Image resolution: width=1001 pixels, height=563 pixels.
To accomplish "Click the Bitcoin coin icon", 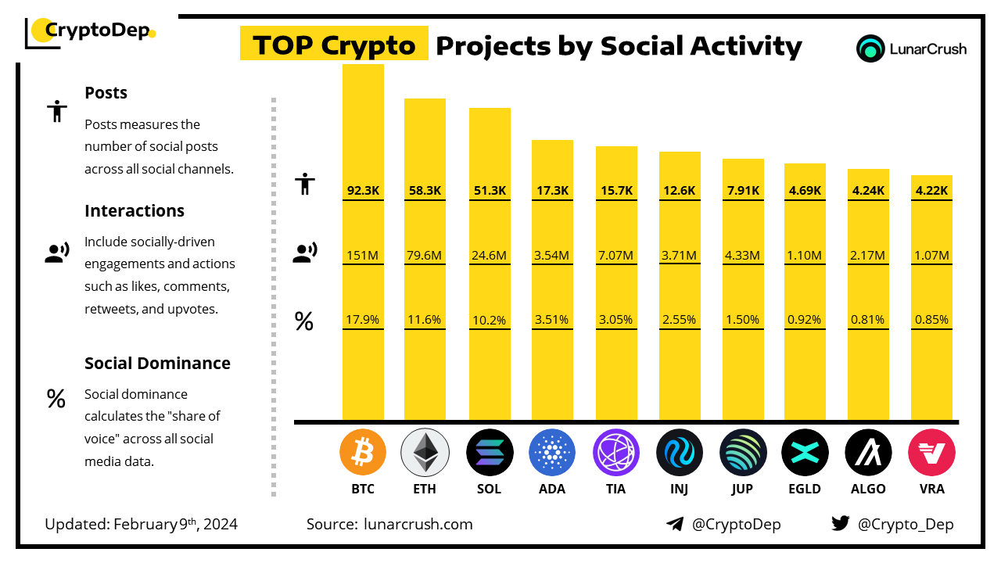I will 363,453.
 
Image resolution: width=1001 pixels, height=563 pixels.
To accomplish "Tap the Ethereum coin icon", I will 425,453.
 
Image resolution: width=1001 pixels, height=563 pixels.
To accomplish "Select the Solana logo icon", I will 490,453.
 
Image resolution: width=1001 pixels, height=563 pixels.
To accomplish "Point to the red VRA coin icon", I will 931,453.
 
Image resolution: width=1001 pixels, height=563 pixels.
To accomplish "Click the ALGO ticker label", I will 868,489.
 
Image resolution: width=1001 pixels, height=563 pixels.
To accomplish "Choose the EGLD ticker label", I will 805,489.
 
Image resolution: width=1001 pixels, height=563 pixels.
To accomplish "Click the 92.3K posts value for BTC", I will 363,190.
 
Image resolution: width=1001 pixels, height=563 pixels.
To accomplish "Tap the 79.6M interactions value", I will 425,255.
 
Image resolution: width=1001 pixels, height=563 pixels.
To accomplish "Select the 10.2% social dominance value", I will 490,319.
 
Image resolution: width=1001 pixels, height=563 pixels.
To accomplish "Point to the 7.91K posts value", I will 743,190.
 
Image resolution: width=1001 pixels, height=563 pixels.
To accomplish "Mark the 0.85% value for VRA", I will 931,319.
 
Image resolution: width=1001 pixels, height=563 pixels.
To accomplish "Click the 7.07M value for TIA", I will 616,255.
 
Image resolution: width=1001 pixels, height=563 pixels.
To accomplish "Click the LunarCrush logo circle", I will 870,48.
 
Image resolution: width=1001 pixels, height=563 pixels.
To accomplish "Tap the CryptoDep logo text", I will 97,31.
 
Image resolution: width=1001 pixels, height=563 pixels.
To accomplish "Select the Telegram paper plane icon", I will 675,524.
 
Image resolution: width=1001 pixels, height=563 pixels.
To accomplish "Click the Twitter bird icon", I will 841,524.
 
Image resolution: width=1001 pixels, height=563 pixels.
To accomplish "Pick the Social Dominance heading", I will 157,363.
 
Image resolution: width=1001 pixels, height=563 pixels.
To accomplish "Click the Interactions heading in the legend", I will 135,210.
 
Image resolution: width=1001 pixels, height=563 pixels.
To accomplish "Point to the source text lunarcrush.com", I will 418,524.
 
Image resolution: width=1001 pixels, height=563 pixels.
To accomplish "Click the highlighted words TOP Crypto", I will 334,45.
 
